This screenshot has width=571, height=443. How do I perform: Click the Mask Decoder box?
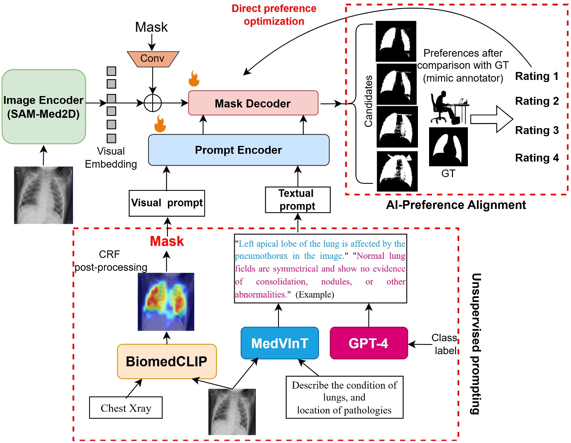coord(253,103)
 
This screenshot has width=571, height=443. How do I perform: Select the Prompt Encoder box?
coord(238,150)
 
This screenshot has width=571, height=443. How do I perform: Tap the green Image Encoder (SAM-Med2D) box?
coord(44,107)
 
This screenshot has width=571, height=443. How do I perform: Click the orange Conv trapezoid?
coord(153,59)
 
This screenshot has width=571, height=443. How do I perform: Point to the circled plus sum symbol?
coord(153,103)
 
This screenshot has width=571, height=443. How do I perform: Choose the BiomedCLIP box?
coord(167,361)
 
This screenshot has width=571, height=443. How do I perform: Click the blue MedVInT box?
coord(279,343)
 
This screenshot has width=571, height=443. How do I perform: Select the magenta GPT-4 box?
coord(368,343)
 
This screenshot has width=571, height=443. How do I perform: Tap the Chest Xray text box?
coord(126,408)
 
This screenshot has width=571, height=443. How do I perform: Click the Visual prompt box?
coord(167,203)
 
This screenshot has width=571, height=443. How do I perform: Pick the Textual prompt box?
coord(297,200)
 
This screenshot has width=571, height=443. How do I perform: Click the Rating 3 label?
coord(537,130)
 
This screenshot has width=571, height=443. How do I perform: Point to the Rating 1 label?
coord(537,76)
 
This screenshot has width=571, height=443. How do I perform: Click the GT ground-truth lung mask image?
coord(448,147)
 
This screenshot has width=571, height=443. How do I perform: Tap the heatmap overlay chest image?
coord(166,302)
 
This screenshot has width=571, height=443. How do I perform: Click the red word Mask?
coord(167,241)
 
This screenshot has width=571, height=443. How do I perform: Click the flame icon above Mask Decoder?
coord(194,78)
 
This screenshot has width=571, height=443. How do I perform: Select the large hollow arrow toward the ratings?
coord(491,119)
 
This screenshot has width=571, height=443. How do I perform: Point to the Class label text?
coord(445,344)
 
